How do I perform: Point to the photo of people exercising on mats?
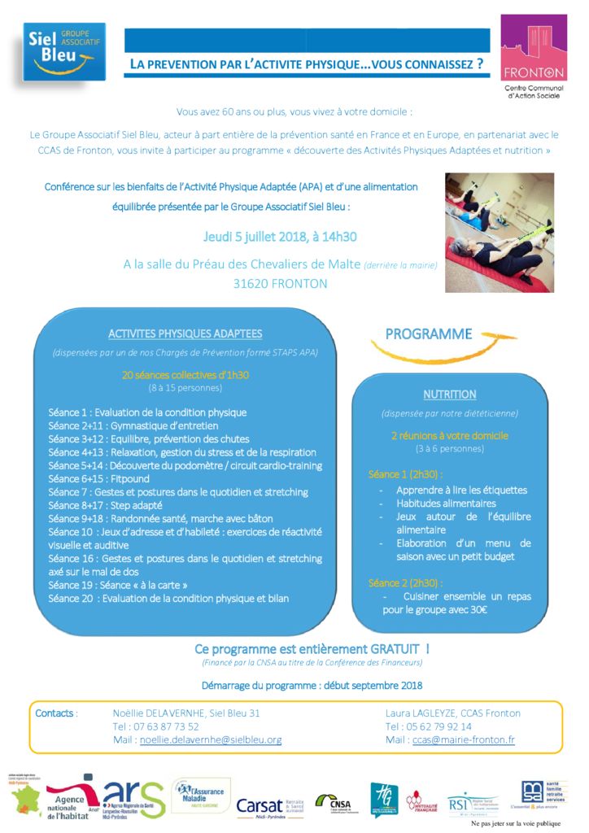coord(499,232)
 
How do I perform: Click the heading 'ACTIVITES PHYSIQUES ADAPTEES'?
coord(185,334)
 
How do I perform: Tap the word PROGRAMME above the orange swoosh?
coord(428,334)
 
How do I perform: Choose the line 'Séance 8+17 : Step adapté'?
coord(105,505)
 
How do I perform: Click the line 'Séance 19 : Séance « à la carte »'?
coord(118,585)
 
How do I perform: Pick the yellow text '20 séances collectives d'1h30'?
coord(185,375)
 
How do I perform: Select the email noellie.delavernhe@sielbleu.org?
coord(211,739)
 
